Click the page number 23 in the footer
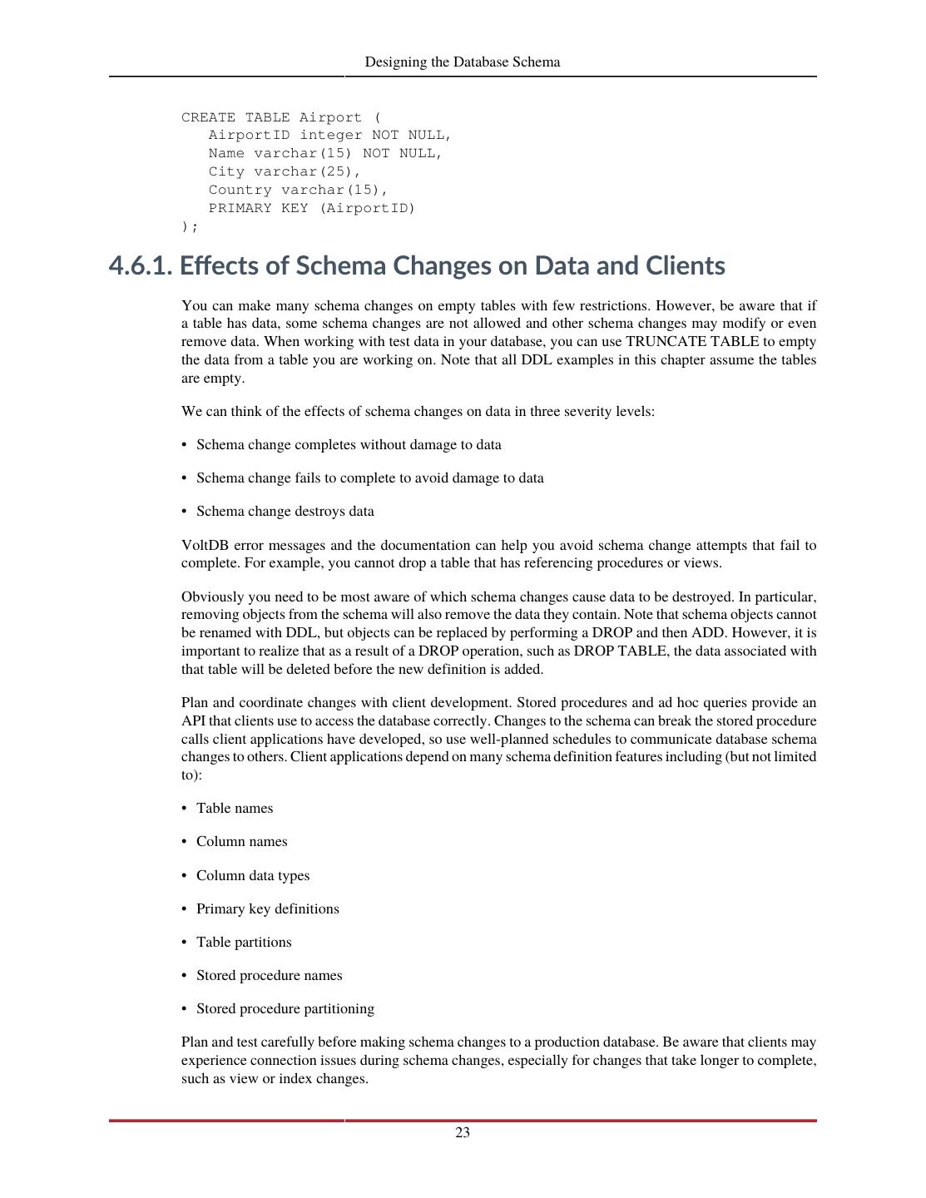pyautogui.click(x=463, y=1132)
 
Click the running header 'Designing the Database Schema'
pyautogui.click(x=463, y=62)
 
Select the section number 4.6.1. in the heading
pyautogui.click(x=141, y=266)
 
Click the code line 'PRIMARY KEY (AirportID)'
pyautogui.click(x=311, y=208)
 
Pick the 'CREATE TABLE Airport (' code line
pyautogui.click(x=280, y=117)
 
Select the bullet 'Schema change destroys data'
pyautogui.click(x=285, y=512)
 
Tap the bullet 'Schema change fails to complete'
pyautogui.click(x=369, y=478)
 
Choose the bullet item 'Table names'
pyautogui.click(x=235, y=809)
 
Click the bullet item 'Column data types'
pyautogui.click(x=253, y=876)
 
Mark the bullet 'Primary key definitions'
pyautogui.click(x=268, y=909)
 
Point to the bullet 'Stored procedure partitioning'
pyautogui.click(x=285, y=1009)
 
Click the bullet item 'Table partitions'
pyautogui.click(x=244, y=943)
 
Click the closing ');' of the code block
pyautogui.click(x=190, y=226)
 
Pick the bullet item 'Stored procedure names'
pyautogui.click(x=269, y=976)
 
